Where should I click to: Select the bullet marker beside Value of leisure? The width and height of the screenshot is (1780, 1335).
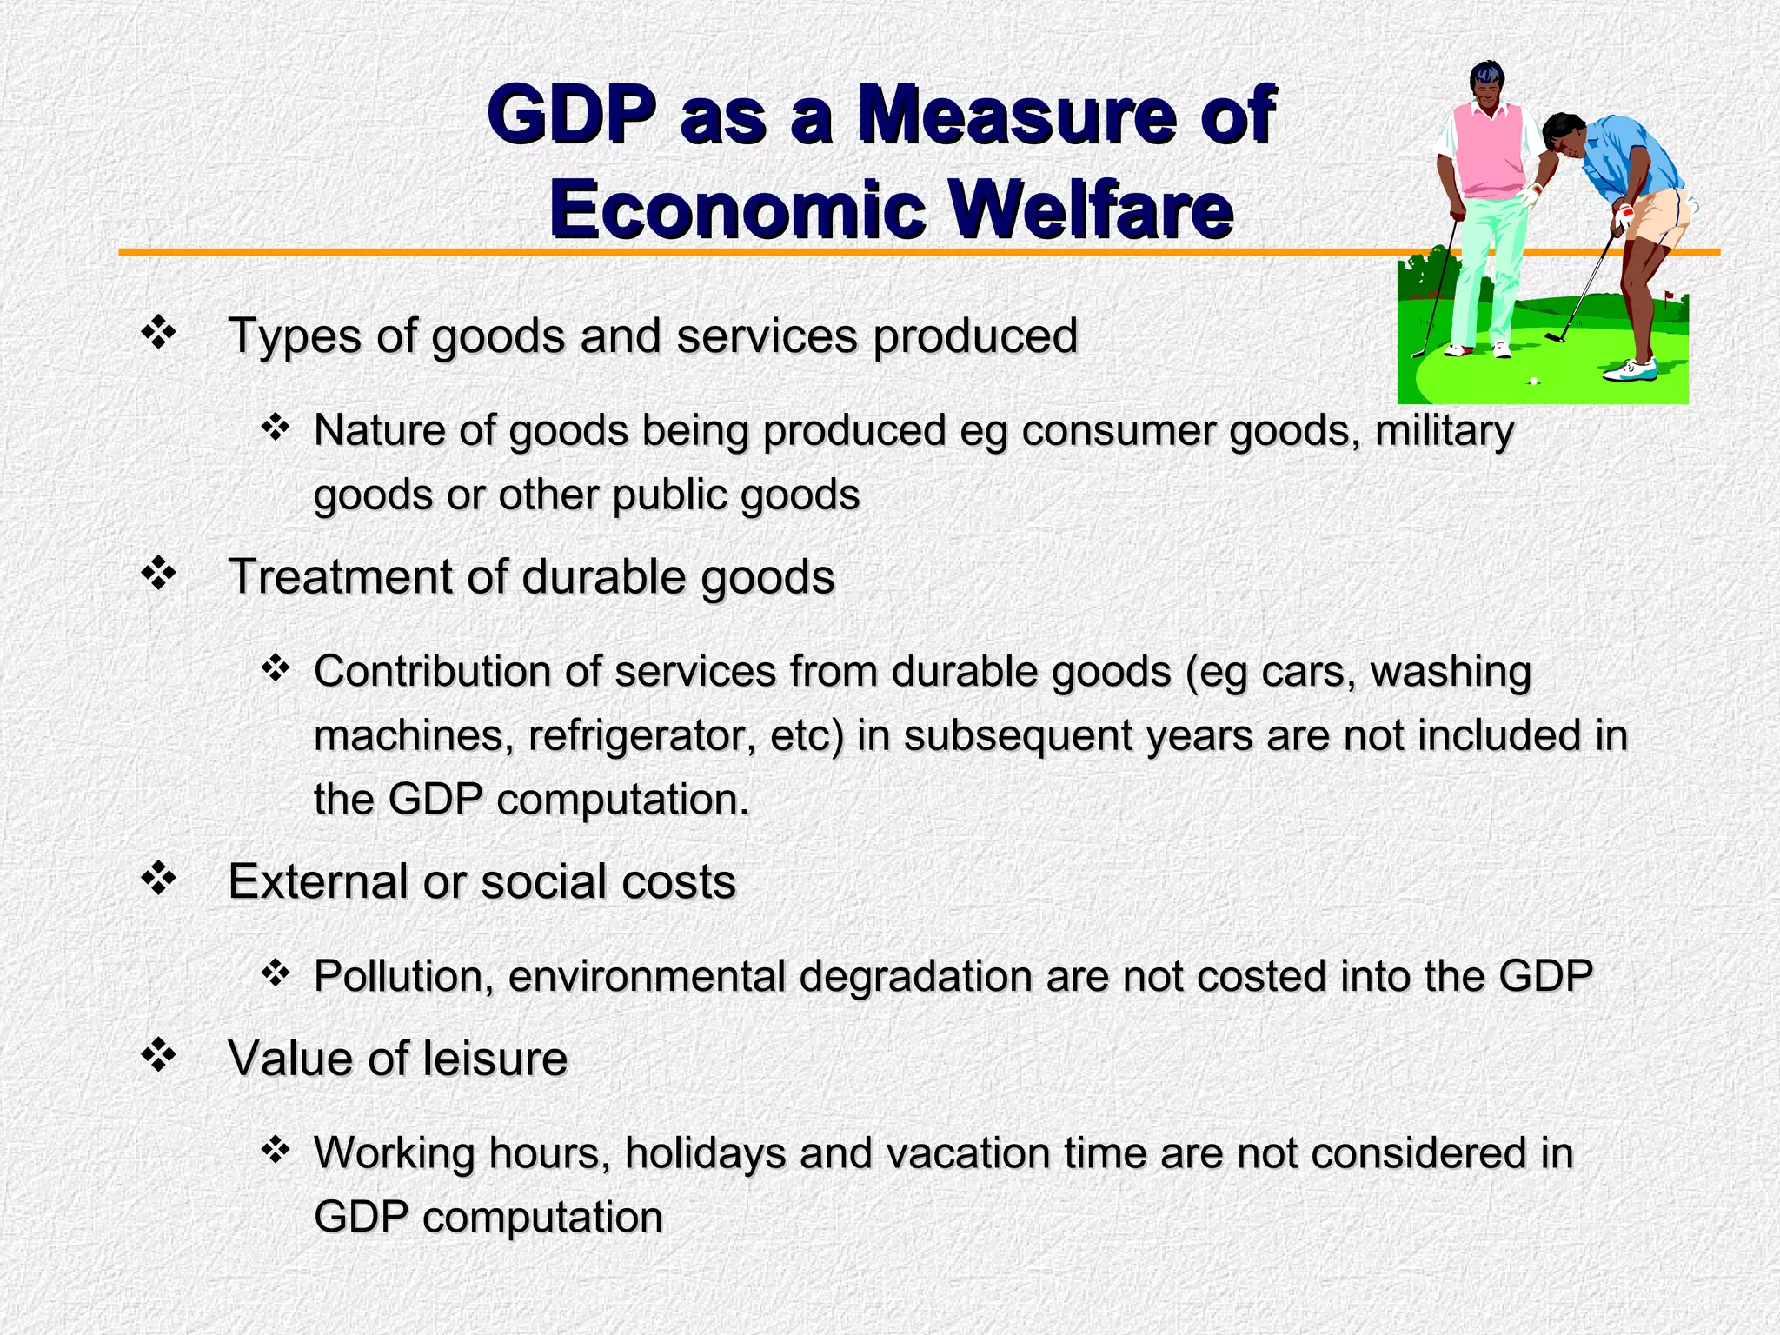click(159, 1057)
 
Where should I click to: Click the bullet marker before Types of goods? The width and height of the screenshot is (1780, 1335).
click(159, 334)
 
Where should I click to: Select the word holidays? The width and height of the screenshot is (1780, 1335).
click(705, 1153)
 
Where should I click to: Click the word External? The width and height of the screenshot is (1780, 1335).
click(318, 881)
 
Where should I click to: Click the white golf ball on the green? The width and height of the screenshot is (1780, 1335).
click(1533, 381)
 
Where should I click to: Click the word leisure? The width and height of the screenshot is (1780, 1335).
click(495, 1059)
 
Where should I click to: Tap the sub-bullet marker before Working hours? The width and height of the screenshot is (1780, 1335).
click(275, 1151)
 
